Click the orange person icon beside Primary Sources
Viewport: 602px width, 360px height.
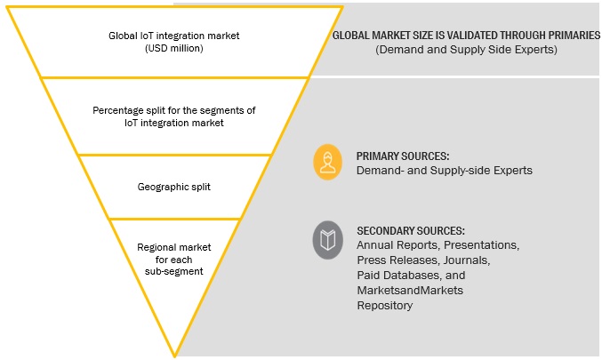point(328,161)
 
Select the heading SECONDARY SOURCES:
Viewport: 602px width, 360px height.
point(410,230)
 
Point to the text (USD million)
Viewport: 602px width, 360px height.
point(175,49)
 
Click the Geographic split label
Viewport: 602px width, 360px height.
point(175,188)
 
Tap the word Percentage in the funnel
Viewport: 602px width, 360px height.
point(122,111)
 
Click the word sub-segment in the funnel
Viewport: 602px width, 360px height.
point(175,271)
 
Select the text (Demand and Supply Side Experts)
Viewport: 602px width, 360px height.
point(465,51)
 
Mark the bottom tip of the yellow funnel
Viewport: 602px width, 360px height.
point(175,355)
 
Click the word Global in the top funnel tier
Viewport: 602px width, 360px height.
point(121,36)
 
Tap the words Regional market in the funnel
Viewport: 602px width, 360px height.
point(175,246)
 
